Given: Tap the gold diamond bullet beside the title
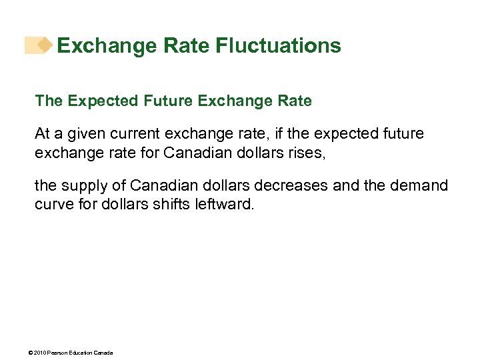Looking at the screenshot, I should coord(45,45).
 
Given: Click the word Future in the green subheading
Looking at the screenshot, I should coord(166,101).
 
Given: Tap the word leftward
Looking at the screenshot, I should coord(224,204).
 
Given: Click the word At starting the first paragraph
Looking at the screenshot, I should coord(43,134).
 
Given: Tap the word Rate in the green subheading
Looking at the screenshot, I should coord(295,101).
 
